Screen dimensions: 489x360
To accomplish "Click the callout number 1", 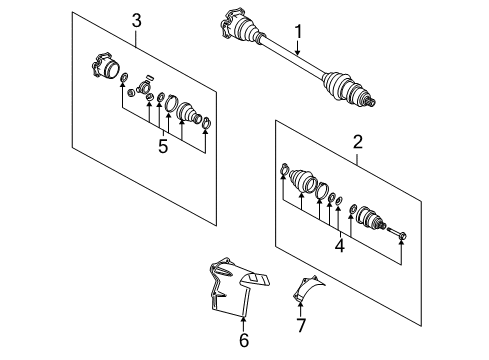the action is coord(298,32).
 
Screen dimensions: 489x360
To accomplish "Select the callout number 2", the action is coord(357,142).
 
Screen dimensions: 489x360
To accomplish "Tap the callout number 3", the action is coord(136,21).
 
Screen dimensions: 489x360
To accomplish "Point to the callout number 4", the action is coord(340,246).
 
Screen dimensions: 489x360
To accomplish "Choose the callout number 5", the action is coord(163,146).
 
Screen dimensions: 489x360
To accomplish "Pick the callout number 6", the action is coord(244,340).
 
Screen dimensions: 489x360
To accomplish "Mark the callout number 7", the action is coord(301,325).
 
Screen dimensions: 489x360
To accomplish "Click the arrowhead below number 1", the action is coord(298,52).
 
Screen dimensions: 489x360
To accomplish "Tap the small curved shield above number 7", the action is coord(307,289).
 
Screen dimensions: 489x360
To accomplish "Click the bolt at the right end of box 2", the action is coord(397,233).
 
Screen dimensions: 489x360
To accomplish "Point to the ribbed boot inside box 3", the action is coord(189,114).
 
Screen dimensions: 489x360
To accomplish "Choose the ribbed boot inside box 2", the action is coord(303,180).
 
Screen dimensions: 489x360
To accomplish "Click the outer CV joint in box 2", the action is coord(371,217).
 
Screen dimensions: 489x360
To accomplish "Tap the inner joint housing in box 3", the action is coord(105,66).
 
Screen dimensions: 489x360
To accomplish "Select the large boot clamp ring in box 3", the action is coord(171,103).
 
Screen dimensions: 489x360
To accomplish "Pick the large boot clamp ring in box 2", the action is coord(322,190).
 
